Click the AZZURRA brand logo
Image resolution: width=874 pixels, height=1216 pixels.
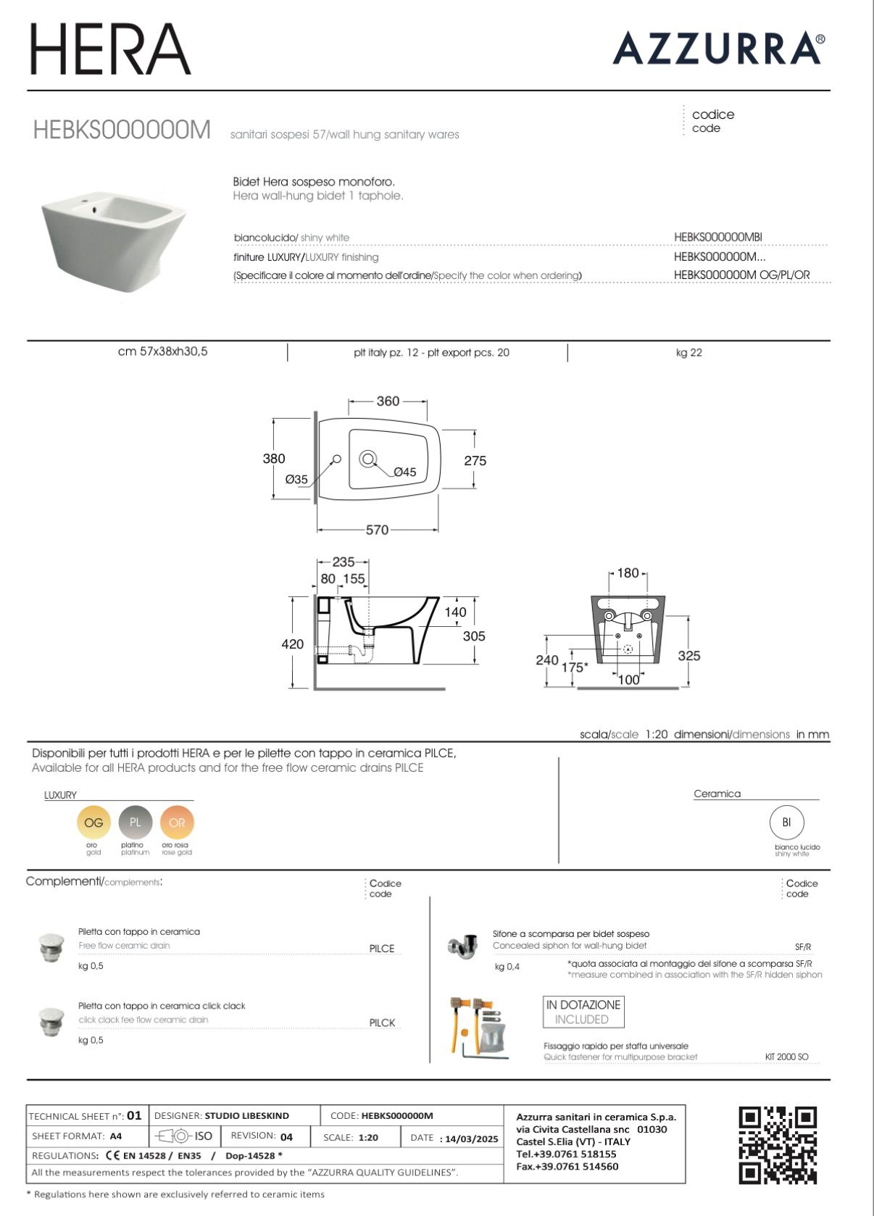pyautogui.click(x=717, y=49)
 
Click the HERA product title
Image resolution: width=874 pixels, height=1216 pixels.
pyautogui.click(x=110, y=49)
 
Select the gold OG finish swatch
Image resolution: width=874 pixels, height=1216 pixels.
pyautogui.click(x=93, y=823)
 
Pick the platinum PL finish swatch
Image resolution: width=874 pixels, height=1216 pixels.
pyautogui.click(x=136, y=823)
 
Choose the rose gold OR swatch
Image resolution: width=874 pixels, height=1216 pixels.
pyautogui.click(x=177, y=823)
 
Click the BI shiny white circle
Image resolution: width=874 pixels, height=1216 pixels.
pyautogui.click(x=786, y=823)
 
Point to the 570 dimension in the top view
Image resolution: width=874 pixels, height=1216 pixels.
pyautogui.click(x=377, y=530)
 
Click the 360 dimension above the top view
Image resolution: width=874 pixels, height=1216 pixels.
pyautogui.click(x=388, y=401)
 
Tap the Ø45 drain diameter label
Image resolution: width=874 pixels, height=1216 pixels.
pyautogui.click(x=404, y=472)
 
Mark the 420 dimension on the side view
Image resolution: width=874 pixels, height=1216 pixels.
pyautogui.click(x=293, y=644)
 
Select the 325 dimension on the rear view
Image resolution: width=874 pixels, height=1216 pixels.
pyautogui.click(x=689, y=656)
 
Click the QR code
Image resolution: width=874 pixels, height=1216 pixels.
pyautogui.click(x=778, y=1145)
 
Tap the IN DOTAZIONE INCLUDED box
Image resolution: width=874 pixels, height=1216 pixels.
pyautogui.click(x=583, y=1012)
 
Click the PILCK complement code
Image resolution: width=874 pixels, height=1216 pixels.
pyautogui.click(x=382, y=1023)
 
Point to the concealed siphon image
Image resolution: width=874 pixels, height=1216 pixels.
pyautogui.click(x=462, y=945)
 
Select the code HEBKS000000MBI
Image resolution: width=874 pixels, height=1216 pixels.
pyautogui.click(x=717, y=237)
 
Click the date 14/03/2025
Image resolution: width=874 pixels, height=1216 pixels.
pyautogui.click(x=471, y=1138)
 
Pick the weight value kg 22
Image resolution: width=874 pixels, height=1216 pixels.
pyautogui.click(x=688, y=353)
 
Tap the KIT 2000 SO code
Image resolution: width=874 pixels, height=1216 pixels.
pyautogui.click(x=786, y=1057)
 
